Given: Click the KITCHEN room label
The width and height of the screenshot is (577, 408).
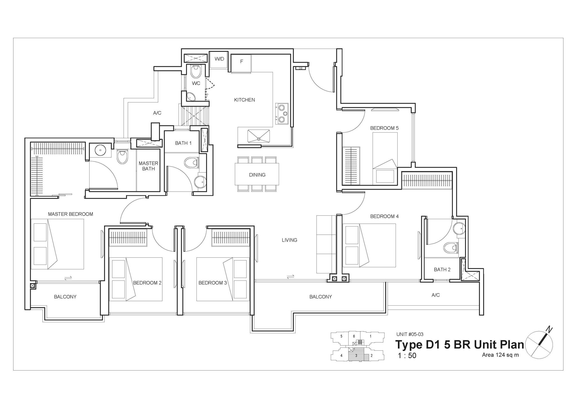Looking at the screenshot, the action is point(244,100).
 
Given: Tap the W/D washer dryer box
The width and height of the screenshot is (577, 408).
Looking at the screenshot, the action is point(219,60).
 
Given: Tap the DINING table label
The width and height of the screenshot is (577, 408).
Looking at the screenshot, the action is point(257,175).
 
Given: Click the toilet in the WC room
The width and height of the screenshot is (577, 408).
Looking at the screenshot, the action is point(196,71).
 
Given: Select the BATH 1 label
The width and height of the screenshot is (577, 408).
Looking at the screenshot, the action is point(183,143).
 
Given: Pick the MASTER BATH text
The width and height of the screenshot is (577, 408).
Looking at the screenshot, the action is point(149,166).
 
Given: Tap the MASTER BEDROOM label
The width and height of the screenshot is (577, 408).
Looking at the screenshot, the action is point(71,214).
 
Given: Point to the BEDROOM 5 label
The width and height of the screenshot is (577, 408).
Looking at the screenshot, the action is point(384,128).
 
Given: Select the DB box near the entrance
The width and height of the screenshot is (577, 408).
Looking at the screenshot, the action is point(300,69).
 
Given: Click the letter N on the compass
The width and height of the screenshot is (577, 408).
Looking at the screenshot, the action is point(549,330).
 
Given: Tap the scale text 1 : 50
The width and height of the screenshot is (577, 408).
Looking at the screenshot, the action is point(407,355).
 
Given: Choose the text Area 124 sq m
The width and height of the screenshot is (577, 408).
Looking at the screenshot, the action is point(500,355).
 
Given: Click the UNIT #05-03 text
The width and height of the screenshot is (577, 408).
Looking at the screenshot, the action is point(408,334).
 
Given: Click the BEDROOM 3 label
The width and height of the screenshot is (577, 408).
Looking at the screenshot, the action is point(212,283).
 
